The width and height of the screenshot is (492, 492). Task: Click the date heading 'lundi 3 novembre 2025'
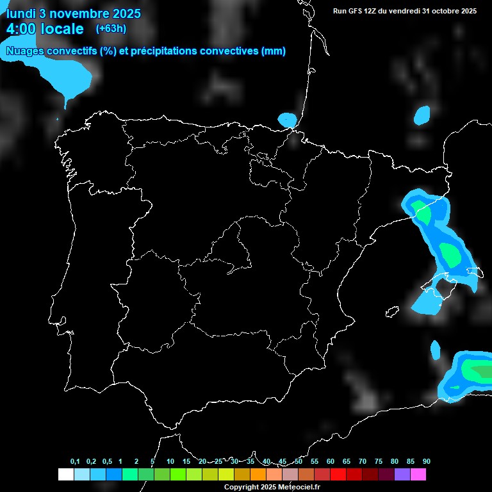point(73,13)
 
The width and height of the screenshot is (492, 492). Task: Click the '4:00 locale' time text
point(45,29)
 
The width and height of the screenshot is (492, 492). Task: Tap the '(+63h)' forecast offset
point(111,28)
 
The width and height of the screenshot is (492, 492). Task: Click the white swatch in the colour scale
point(65,474)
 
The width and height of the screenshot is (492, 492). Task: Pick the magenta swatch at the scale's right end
point(418,474)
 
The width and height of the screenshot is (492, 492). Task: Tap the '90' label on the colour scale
point(427,461)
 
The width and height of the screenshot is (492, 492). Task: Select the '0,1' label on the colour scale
point(75,461)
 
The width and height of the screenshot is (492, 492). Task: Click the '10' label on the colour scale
point(170,461)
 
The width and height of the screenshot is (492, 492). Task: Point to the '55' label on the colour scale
point(315,461)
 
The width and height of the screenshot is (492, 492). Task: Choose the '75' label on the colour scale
point(379,461)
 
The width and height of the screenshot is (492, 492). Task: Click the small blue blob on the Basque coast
point(288,119)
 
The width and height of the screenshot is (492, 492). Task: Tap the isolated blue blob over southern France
point(422,115)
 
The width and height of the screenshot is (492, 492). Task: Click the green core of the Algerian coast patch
point(477,370)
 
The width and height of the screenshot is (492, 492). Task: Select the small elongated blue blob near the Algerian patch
point(436,350)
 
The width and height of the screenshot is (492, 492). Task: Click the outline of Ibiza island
point(392,312)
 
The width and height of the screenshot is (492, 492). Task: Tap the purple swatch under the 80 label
point(402,474)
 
